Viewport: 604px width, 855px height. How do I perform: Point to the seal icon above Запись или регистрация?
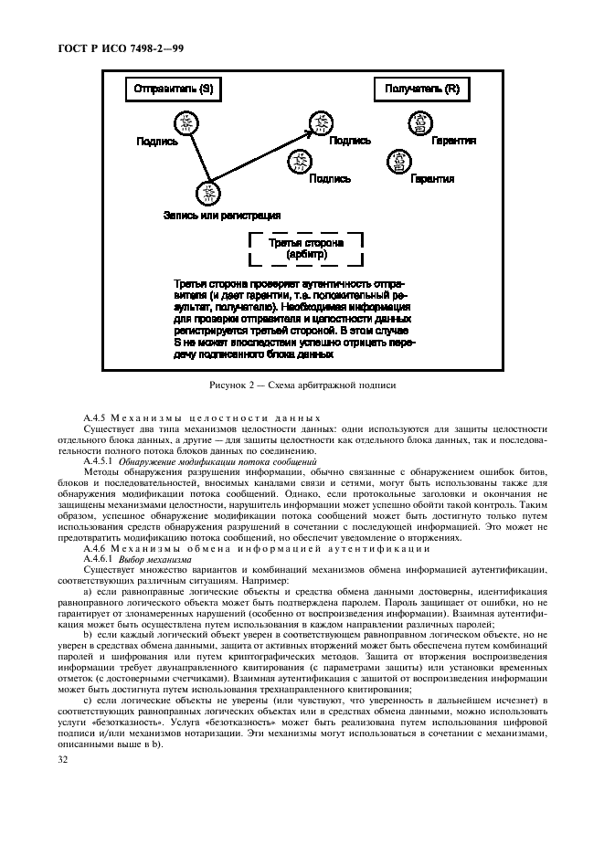point(209,193)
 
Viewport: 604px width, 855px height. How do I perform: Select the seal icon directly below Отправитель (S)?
point(186,122)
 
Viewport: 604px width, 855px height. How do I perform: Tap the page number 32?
point(63,760)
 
